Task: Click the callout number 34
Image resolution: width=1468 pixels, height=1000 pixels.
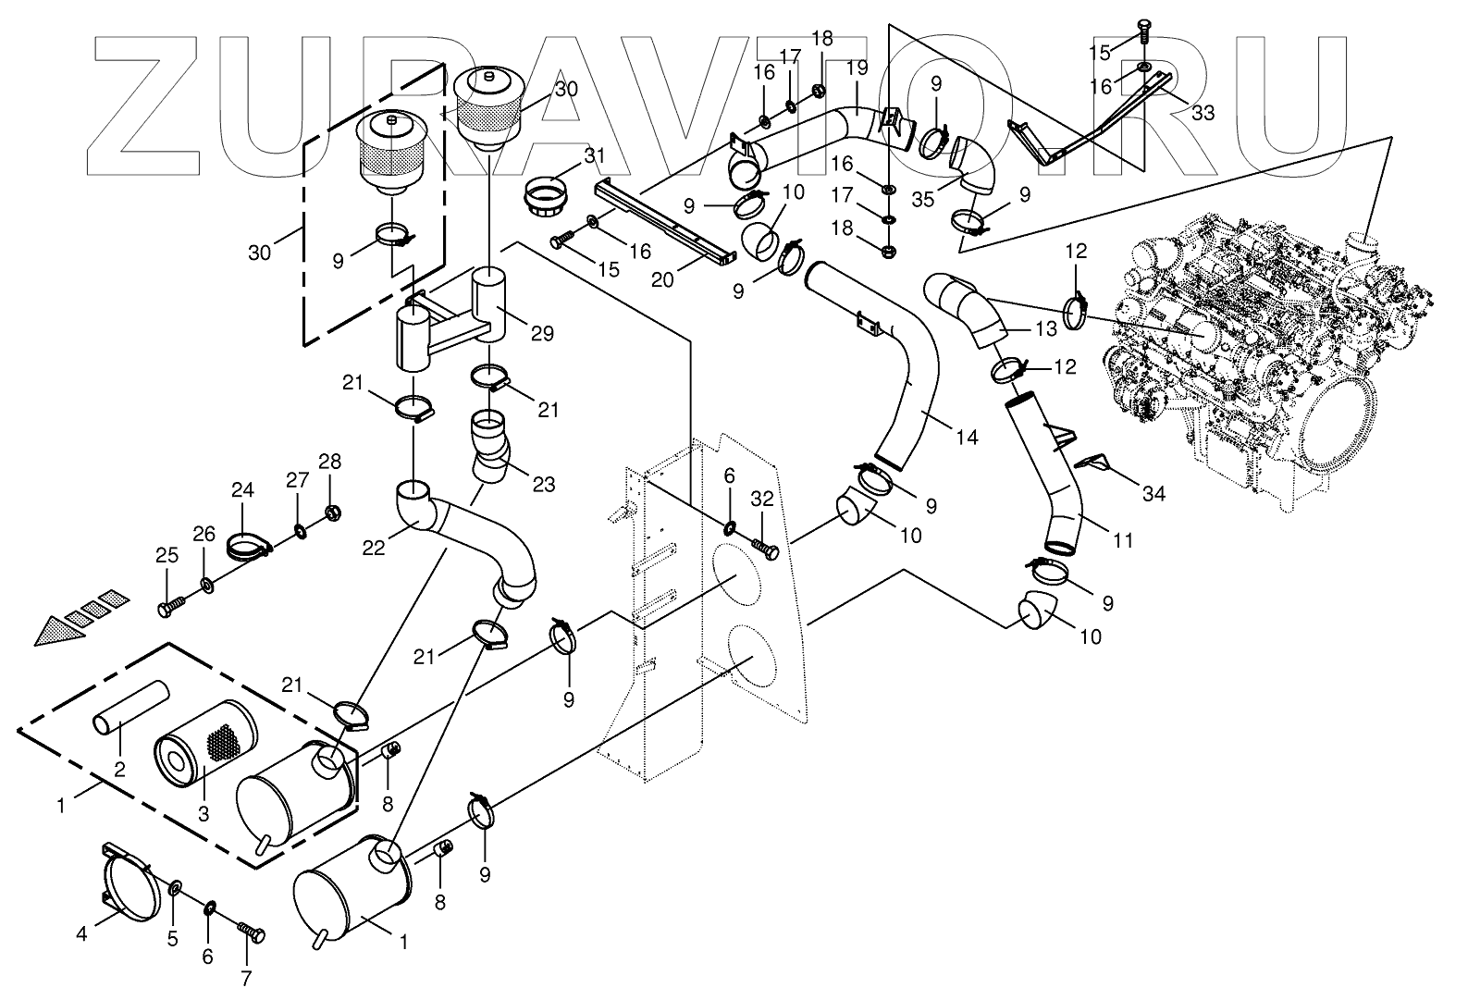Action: [x=1153, y=495]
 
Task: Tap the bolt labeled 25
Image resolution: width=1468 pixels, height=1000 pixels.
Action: [x=171, y=607]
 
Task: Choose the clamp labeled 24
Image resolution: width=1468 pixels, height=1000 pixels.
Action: [x=247, y=548]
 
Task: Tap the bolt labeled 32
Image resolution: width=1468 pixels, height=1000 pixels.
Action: [x=768, y=550]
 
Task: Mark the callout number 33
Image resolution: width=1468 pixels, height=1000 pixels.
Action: [x=1203, y=113]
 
